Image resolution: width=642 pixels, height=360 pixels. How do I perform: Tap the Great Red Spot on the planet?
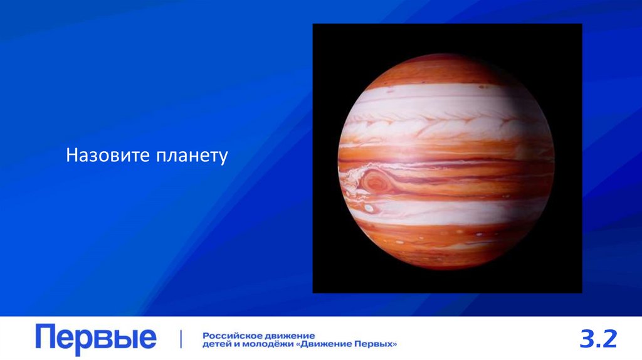[376, 182]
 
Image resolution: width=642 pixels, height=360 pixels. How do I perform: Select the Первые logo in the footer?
[95, 339]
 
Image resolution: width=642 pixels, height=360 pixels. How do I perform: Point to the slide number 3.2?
[598, 339]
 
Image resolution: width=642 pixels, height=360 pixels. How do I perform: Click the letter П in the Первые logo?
[46, 337]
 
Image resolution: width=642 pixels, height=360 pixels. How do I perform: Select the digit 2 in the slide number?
[610, 339]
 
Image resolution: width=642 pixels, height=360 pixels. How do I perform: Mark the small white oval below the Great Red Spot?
[369, 208]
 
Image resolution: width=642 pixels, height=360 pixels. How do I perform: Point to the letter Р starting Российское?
[206, 335]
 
